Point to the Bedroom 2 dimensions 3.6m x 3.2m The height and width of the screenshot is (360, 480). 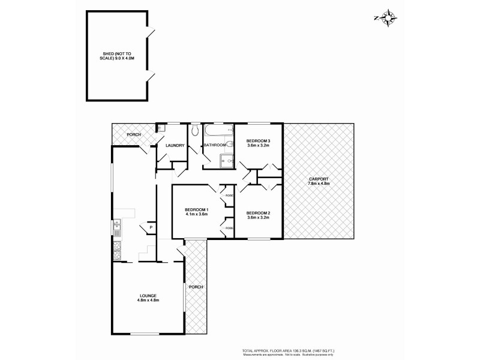(258, 218)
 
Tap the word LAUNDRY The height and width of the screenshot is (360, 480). (175, 145)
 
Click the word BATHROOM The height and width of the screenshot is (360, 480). (214, 145)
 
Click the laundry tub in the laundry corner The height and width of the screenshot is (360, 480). (161, 128)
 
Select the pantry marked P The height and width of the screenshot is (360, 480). (151, 227)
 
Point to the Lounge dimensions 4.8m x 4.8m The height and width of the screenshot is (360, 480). (148, 301)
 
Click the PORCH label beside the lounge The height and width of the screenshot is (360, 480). (196, 287)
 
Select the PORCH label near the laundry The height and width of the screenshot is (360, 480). (133, 134)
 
